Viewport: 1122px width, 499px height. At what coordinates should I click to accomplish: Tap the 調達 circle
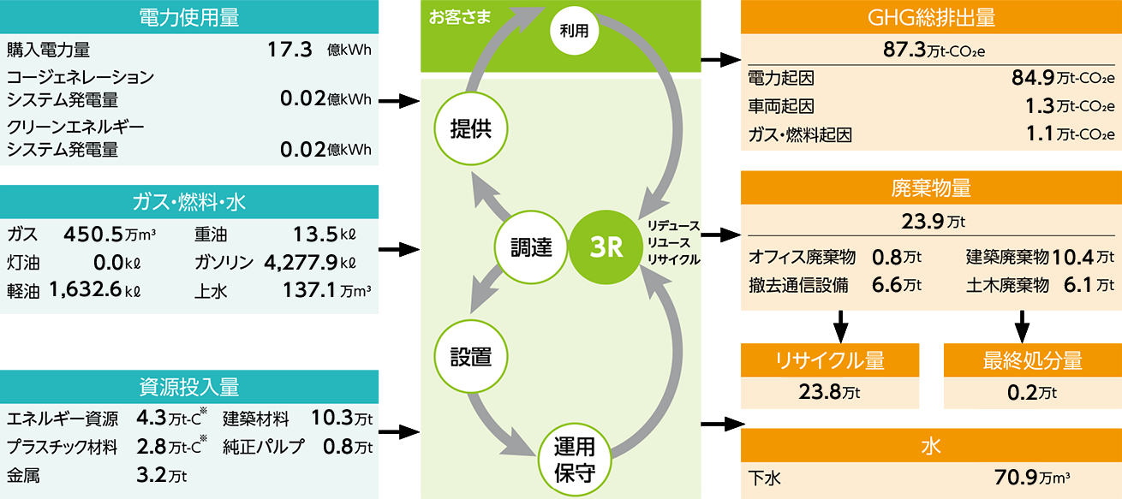tap(531, 248)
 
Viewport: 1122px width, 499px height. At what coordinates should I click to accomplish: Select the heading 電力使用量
tap(200, 17)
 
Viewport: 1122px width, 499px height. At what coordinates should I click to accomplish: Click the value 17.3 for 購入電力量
tap(289, 50)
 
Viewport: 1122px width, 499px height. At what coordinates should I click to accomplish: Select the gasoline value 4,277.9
tap(301, 262)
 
